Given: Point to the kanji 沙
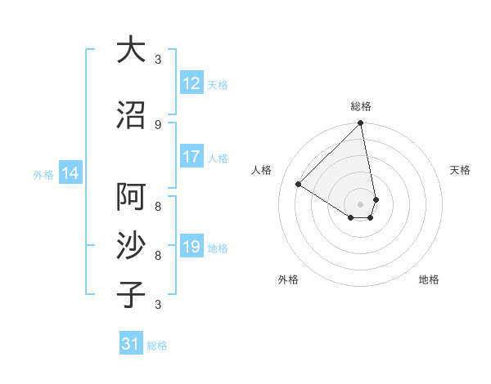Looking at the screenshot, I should [131, 246].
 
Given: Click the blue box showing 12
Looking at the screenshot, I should [191, 83].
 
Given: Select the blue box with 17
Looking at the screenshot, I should [191, 158].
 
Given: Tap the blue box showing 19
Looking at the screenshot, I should [191, 247].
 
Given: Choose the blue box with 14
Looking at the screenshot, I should [70, 173].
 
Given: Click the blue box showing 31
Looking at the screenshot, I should [131, 344].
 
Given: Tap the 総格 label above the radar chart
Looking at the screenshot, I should [361, 106].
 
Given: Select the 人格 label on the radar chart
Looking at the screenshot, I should [262, 170].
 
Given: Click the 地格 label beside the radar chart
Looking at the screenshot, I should [429, 279].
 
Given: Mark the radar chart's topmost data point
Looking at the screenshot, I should [361, 123].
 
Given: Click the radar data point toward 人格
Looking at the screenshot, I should [299, 184].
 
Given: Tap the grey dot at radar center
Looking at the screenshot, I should [361, 203].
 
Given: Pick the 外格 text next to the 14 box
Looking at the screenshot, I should [43, 174].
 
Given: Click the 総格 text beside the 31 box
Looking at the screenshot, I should [157, 346].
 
